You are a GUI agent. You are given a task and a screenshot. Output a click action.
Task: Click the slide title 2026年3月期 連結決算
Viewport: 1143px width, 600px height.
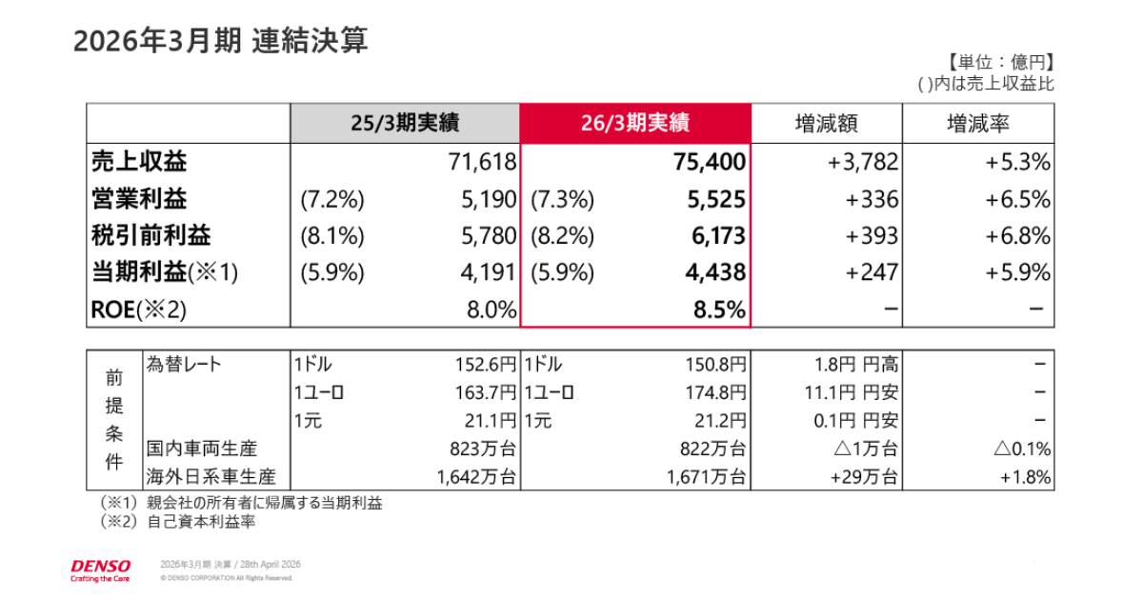pos(220,42)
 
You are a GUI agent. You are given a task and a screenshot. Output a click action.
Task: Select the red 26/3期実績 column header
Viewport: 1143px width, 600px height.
pos(635,123)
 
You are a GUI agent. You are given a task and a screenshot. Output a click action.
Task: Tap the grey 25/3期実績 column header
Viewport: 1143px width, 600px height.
pos(405,123)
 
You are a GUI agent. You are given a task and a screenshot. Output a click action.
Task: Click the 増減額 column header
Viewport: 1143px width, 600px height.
pos(826,123)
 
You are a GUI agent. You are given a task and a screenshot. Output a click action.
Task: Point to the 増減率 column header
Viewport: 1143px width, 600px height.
pos(978,123)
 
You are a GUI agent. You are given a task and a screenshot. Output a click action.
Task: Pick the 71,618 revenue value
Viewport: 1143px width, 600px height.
pos(482,162)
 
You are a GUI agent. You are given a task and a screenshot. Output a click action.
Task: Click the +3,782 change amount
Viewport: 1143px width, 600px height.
pos(863,162)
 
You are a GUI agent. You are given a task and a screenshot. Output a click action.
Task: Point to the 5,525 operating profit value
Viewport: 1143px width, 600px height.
pos(715,199)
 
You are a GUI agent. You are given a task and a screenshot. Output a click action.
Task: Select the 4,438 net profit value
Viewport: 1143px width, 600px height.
pos(715,272)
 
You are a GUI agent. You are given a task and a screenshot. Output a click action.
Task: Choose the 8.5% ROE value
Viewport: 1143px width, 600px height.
pos(725,310)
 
